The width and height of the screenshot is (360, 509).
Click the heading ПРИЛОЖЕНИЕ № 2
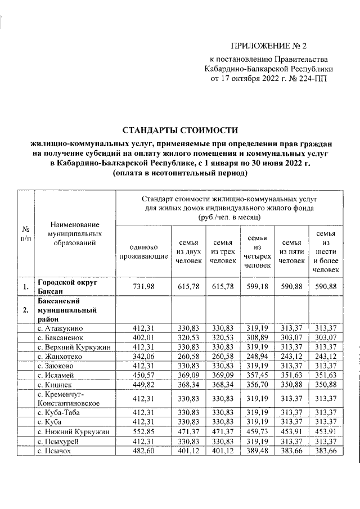270,46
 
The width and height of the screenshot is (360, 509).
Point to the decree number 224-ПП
312,79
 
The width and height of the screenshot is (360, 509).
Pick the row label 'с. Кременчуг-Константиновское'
69,399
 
